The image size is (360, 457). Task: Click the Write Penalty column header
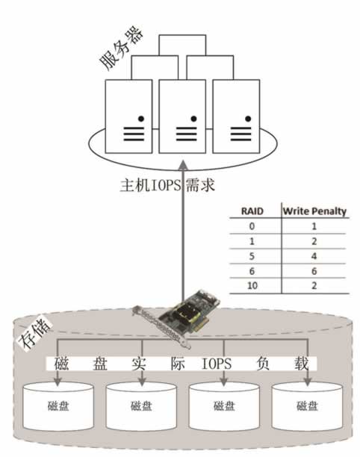pyautogui.click(x=314, y=211)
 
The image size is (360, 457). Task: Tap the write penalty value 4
pyautogui.click(x=314, y=255)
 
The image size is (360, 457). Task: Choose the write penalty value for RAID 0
pyautogui.click(x=314, y=226)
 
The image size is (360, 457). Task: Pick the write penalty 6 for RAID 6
pyautogui.click(x=314, y=270)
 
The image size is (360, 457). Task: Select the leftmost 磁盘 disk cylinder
pyautogui.click(x=58, y=407)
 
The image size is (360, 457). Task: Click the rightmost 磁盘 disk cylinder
pyautogui.click(x=307, y=407)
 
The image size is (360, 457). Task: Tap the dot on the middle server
pyautogui.click(x=193, y=118)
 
